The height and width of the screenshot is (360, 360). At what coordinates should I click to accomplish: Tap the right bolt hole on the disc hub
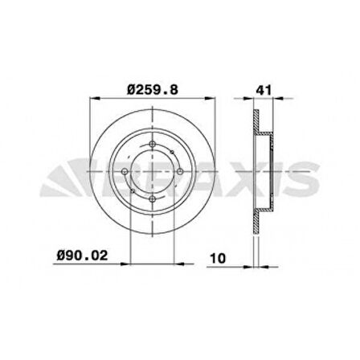(x=179, y=172)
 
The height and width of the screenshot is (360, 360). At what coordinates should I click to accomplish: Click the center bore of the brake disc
(x=152, y=172)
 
